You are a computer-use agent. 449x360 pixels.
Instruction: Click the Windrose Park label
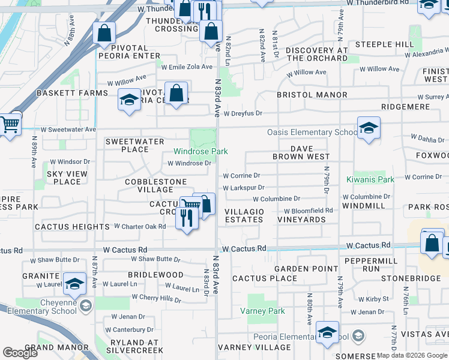coord(200,152)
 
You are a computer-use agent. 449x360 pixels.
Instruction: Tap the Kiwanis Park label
coord(370,179)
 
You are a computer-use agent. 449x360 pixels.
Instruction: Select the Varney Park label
coord(262,311)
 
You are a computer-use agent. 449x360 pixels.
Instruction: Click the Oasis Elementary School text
coord(312,132)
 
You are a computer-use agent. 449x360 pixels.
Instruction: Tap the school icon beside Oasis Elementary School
coord(369,127)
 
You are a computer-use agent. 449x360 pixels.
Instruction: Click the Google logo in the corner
coord(20,353)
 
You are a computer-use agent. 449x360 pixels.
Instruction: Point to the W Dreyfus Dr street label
coord(243,113)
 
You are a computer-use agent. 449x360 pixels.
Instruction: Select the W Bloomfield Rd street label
coord(309,211)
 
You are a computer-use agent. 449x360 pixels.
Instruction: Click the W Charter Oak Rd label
coord(140,226)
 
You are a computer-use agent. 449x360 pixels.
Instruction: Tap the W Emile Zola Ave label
coord(189,67)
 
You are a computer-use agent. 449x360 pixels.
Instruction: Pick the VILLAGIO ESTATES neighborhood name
coord(244,216)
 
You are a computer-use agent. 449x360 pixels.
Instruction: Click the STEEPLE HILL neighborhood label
coord(384,44)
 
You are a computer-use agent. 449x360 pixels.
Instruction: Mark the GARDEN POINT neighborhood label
coord(301,269)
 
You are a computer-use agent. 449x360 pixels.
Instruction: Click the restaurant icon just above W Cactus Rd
coord(187,218)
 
